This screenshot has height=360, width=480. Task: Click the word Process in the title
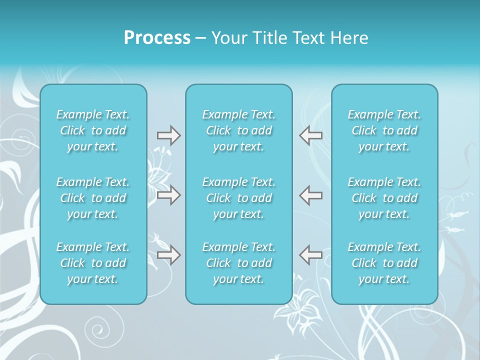157,38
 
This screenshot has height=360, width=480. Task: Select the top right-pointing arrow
168,135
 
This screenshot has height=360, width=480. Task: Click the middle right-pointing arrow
168,194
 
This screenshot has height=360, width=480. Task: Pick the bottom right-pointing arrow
168,255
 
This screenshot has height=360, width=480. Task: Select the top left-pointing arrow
310,135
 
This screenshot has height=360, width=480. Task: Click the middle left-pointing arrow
310,194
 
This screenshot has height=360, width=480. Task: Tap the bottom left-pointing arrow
310,255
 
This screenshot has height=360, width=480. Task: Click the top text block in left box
93,130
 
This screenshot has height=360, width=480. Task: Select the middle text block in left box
93,198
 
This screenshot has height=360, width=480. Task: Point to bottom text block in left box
93,263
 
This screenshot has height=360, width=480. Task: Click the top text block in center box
239,130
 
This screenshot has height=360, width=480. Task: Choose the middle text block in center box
239,198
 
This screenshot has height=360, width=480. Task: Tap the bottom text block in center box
239,263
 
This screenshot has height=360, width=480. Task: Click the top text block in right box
384,130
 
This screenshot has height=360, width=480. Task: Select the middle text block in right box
384,198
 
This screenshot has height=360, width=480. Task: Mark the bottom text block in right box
384,263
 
